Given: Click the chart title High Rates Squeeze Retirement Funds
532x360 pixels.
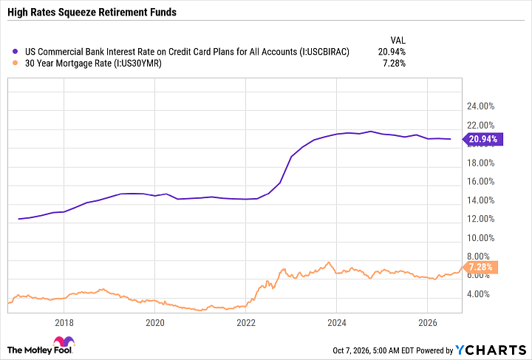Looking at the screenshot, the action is pyautogui.click(x=92, y=13).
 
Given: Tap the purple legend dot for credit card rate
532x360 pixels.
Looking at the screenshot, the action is pyautogui.click(x=15, y=52).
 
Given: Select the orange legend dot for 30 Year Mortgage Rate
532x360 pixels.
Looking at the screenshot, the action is pyautogui.click(x=15, y=63).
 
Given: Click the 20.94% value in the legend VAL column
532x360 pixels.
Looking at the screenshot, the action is pyautogui.click(x=392, y=52).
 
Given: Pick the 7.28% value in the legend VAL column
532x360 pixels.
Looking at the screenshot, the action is pyautogui.click(x=395, y=63).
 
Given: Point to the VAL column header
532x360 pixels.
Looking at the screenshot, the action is pyautogui.click(x=398, y=41).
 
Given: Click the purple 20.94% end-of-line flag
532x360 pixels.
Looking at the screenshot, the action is pyautogui.click(x=482, y=139).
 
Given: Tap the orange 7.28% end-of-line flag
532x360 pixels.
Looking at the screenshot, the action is pyautogui.click(x=480, y=267).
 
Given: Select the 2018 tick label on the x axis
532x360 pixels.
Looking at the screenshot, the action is pyautogui.click(x=64, y=322).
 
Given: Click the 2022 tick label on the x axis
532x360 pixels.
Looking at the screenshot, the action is pyautogui.click(x=246, y=322).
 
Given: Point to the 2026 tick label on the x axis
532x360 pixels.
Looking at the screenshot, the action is pyautogui.click(x=428, y=322).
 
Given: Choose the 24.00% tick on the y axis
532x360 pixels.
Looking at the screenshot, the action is pyautogui.click(x=481, y=106).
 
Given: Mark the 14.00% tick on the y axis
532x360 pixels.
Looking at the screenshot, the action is pyautogui.click(x=481, y=200).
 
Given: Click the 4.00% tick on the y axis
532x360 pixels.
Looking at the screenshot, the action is pyautogui.click(x=478, y=293).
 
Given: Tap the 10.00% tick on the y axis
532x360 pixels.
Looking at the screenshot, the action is pyautogui.click(x=481, y=238).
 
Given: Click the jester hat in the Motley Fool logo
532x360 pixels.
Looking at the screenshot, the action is pyautogui.click(x=64, y=341).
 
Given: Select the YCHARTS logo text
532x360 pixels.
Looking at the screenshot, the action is pyautogui.click(x=491, y=350).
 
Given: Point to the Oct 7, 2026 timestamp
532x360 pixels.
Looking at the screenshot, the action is pyautogui.click(x=351, y=350).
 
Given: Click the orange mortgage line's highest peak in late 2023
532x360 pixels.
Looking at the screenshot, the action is pyautogui.click(x=328, y=262).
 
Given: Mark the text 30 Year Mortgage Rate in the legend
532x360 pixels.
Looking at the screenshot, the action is pyautogui.click(x=68, y=63).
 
